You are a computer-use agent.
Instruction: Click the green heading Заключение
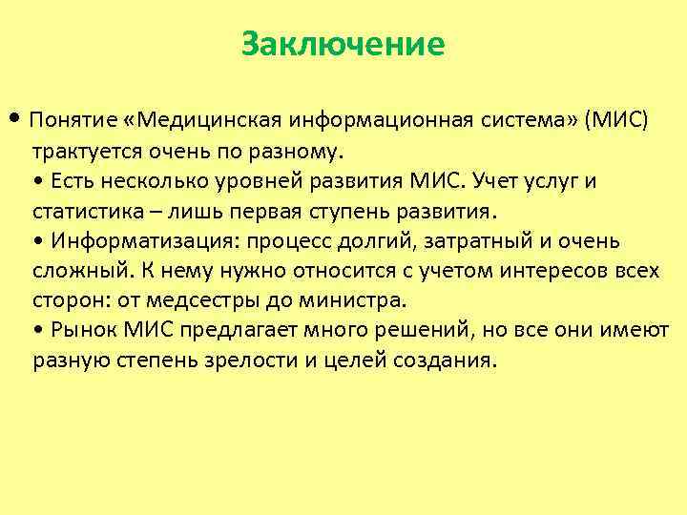pos(343,44)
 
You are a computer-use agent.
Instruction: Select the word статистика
pos(84,212)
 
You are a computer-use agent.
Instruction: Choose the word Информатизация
pos(133,241)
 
